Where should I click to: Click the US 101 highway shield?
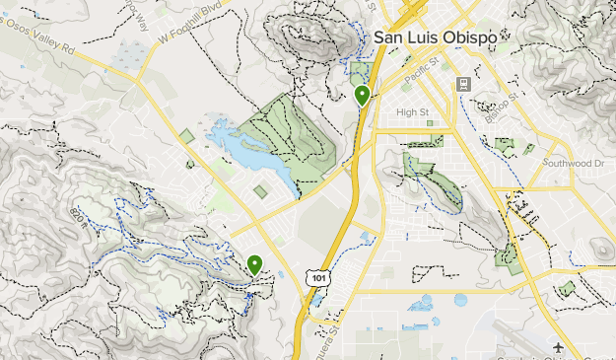pos(316,278)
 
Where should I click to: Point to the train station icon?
pos(462,85)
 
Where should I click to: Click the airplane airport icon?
pos(559,348)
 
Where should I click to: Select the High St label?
pos(414,112)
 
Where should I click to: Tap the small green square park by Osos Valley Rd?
pos(185,136)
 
